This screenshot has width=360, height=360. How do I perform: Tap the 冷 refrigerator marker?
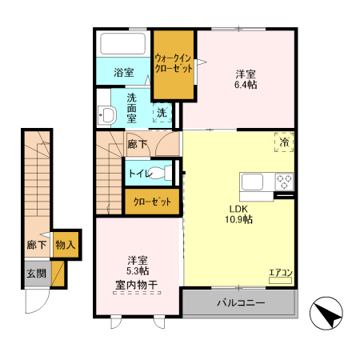[x=284, y=142]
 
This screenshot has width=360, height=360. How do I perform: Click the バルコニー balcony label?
[x=241, y=304]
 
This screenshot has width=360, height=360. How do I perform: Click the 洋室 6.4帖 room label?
[x=246, y=79]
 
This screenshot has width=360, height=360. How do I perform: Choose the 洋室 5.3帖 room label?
[x=137, y=266]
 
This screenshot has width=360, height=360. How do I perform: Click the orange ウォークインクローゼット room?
[x=174, y=64]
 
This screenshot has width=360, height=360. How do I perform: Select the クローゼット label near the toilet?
[x=152, y=202]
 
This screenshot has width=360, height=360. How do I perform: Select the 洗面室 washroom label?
[x=133, y=107]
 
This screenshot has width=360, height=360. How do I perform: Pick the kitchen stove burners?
[x=285, y=181]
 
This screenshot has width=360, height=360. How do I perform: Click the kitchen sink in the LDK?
[x=252, y=180]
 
